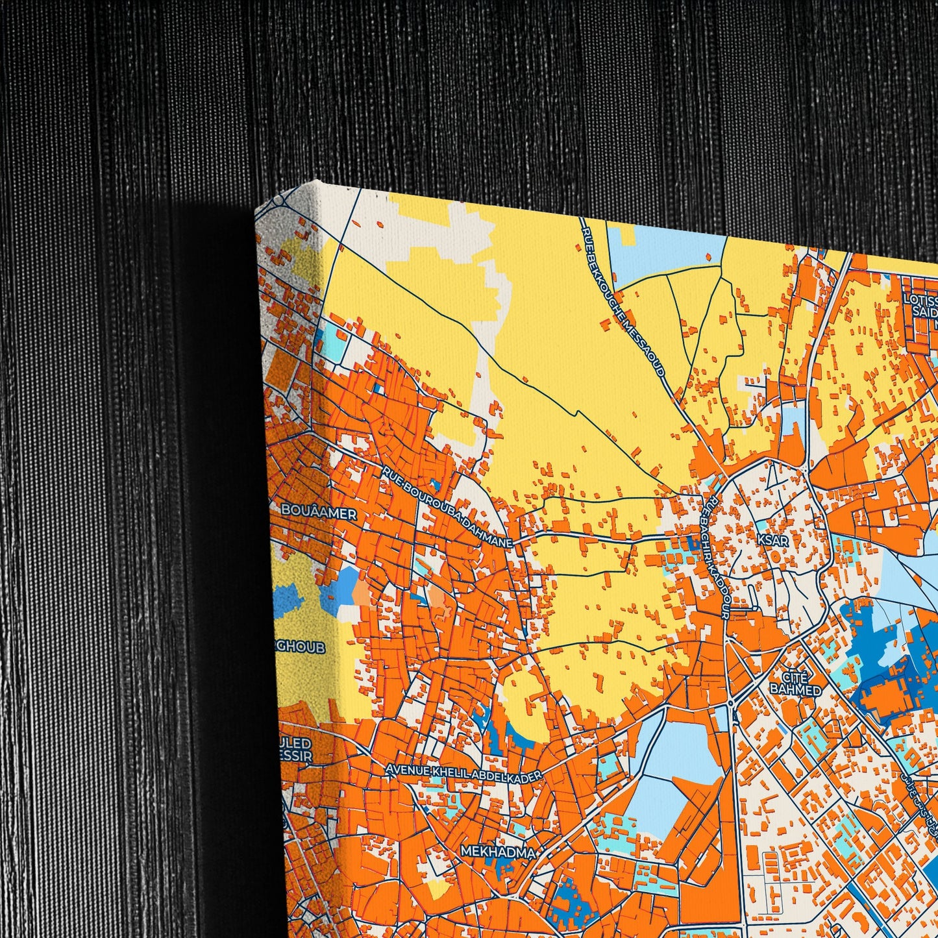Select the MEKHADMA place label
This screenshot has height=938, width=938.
[499, 852]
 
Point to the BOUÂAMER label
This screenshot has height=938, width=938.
[319, 513]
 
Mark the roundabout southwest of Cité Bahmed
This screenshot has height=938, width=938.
[732, 702]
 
